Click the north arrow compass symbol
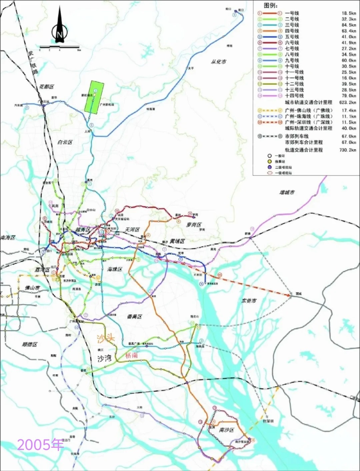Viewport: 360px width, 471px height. coord(60,28)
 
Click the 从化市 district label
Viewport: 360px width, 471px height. coord(218,62)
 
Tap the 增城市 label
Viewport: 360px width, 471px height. coord(287,193)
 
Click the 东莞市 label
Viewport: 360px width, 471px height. coord(249,300)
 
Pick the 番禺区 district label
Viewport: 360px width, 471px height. coord(134,316)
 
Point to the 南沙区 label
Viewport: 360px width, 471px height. coord(226,430)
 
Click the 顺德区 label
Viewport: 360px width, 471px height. coord(30,344)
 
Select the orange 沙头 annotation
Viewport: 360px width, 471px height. coord(106,339)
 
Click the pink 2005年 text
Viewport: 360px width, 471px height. coord(40,445)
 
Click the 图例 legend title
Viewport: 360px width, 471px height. coord(270,6)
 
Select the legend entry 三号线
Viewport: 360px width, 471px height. coord(292,25)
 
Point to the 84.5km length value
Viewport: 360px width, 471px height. coord(349,25)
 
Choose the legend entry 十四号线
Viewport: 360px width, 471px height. coord(294,96)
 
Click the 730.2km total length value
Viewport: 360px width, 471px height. coord(348,150)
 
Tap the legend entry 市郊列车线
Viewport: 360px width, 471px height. coord(296,136)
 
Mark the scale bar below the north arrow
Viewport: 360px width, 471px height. coord(60,47)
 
